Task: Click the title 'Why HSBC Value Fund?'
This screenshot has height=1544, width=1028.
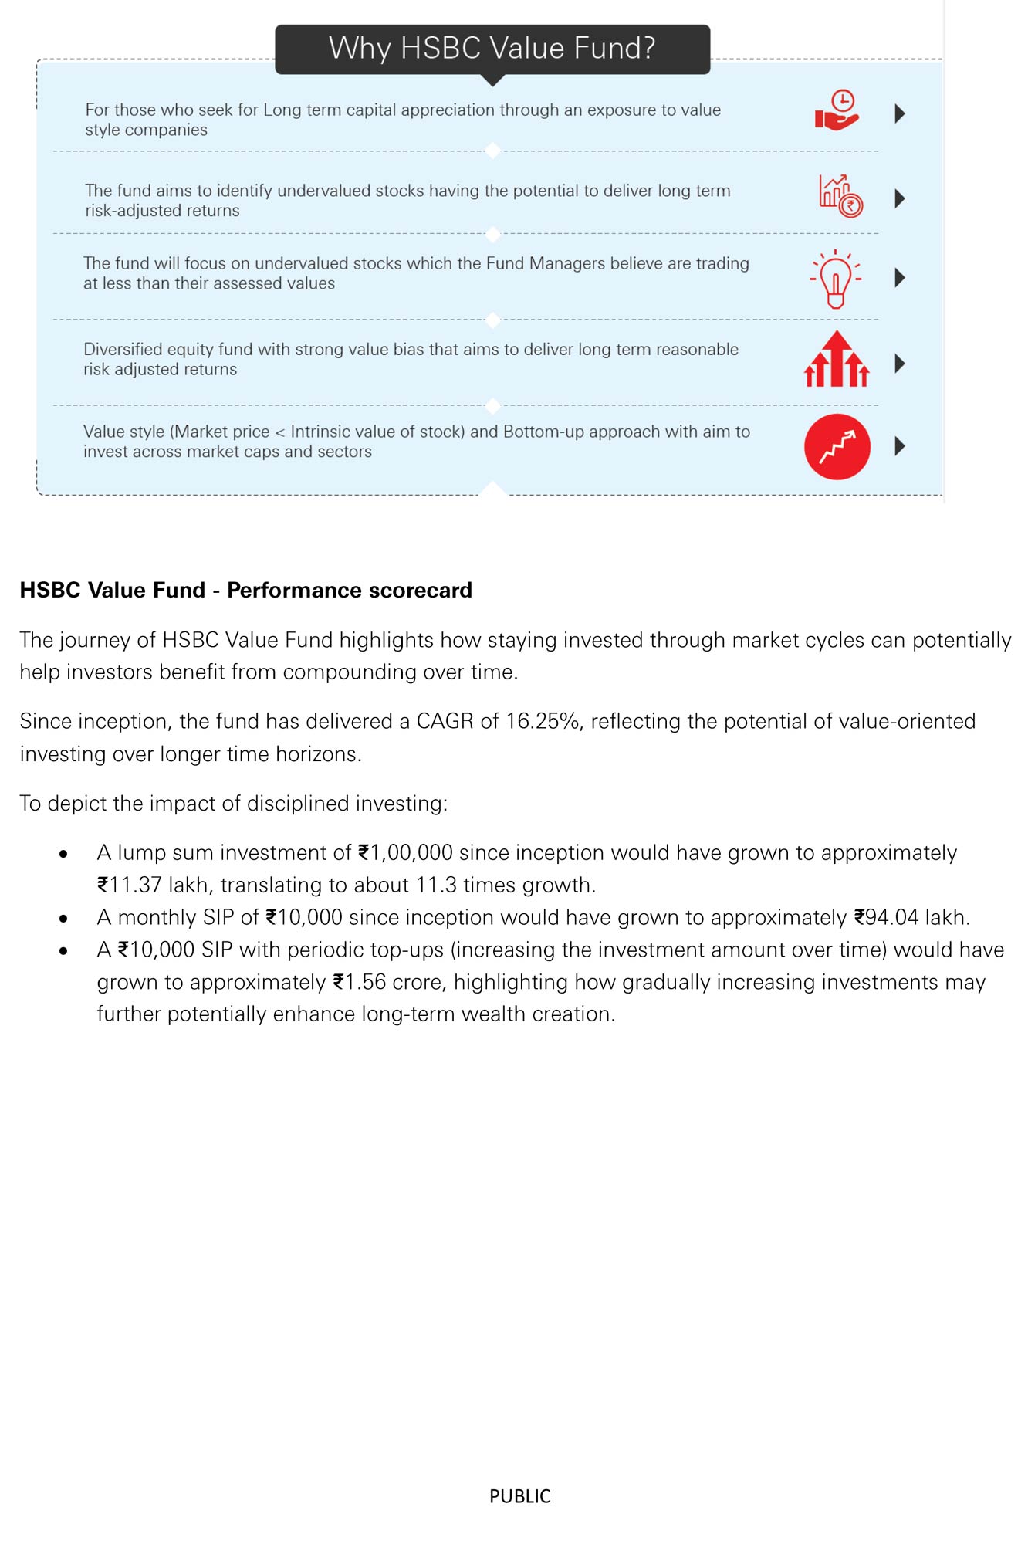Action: [x=492, y=48]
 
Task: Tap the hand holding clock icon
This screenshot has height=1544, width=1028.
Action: [x=837, y=111]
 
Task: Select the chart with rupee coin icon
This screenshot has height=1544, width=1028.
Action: [x=840, y=195]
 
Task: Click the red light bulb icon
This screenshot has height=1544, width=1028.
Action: [x=835, y=279]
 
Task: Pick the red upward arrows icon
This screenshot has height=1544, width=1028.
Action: [x=837, y=360]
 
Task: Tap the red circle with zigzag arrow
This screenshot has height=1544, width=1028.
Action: [x=837, y=447]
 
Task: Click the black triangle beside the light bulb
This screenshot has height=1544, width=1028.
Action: [x=899, y=278]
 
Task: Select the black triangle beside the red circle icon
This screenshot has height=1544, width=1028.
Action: [x=899, y=445]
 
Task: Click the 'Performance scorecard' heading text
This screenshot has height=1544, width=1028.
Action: [x=349, y=590]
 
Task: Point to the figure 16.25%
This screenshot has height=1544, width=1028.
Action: [x=543, y=721]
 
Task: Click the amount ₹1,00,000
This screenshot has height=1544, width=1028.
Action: [x=405, y=852]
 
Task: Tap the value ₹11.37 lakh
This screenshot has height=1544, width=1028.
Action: [x=152, y=885]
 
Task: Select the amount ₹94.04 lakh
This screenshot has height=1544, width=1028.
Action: [x=909, y=917]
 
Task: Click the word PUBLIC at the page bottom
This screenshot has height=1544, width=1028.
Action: [x=519, y=1496]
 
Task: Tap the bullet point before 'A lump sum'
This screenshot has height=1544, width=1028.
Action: [x=63, y=854]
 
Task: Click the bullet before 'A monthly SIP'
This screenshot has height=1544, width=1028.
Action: [x=63, y=919]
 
